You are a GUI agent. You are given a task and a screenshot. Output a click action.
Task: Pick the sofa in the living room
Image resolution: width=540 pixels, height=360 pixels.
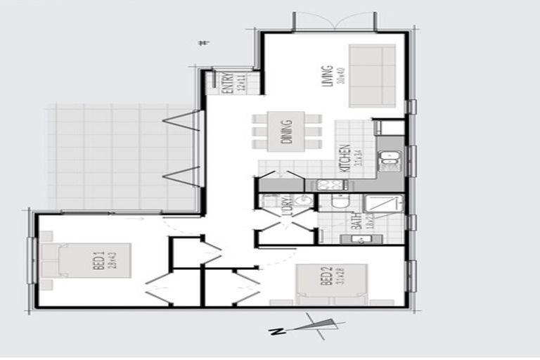372,75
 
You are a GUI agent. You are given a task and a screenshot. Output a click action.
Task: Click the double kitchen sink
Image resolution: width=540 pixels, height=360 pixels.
389,162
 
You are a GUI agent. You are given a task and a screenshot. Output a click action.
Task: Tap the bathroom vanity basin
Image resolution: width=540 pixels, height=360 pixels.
358,239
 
